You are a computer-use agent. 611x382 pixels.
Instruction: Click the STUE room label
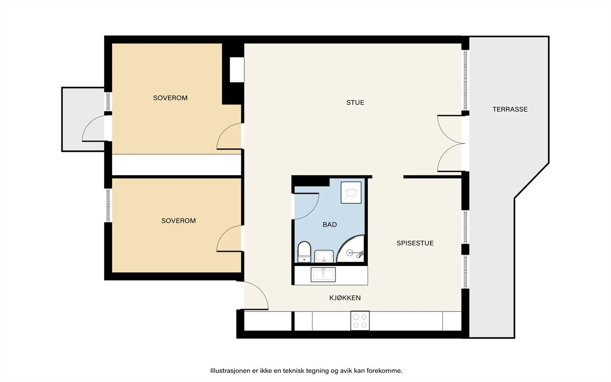click(355, 103)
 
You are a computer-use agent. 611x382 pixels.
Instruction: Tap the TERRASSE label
click(510, 109)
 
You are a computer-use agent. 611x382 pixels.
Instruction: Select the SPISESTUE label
click(415, 243)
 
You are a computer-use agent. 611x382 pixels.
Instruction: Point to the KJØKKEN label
click(345, 298)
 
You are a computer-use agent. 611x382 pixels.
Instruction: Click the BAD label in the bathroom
click(330, 225)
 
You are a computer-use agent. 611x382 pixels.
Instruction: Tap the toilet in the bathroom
click(304, 252)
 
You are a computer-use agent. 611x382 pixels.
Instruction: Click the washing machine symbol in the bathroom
click(351, 193)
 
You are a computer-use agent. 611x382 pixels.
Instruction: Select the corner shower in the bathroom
click(351, 249)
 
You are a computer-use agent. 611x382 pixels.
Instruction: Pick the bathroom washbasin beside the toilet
click(324, 256)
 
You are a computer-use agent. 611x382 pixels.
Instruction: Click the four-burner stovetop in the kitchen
click(360, 320)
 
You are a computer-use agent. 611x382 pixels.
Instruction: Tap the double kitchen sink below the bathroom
click(323, 275)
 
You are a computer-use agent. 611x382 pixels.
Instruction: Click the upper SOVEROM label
click(170, 98)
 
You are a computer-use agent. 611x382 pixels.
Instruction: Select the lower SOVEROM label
click(178, 221)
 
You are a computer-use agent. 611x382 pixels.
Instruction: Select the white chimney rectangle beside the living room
click(236, 70)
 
